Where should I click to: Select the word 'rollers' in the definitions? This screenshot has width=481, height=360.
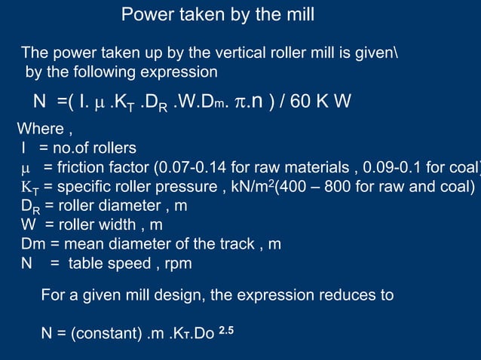(113, 148)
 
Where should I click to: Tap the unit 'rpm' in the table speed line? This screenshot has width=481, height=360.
(179, 264)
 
